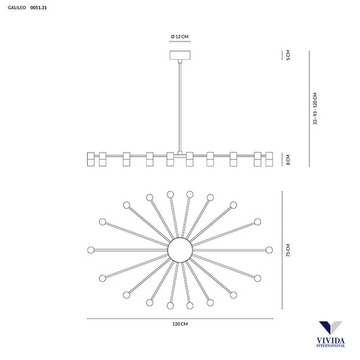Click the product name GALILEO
17,8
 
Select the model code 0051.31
39,8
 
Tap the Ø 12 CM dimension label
180,37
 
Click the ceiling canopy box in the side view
180,55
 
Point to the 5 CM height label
288,55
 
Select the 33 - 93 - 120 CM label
315,108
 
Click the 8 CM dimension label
288,160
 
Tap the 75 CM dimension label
288,250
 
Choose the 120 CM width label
180,324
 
